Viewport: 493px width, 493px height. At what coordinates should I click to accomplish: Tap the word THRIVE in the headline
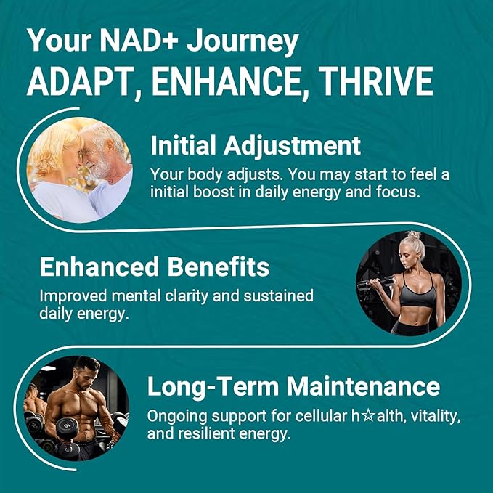point(377,83)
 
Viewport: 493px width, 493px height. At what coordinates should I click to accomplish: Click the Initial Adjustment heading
point(255,146)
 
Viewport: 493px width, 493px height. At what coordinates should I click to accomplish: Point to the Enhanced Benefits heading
point(154,267)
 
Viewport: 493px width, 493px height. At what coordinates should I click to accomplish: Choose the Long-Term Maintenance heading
point(293,386)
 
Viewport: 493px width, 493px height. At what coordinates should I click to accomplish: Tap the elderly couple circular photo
point(80,170)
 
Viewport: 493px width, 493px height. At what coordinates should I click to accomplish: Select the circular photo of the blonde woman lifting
point(409,283)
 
